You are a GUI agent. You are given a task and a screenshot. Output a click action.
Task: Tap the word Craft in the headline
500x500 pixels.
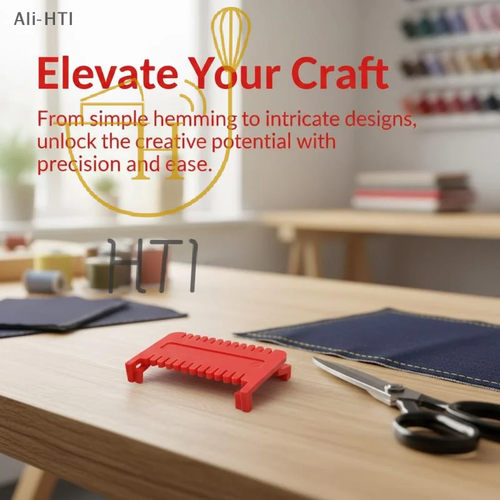tap(340, 73)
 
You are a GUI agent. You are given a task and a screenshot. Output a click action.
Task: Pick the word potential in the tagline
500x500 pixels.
tap(251, 142)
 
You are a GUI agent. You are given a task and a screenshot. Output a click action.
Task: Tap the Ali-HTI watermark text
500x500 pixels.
tap(43, 19)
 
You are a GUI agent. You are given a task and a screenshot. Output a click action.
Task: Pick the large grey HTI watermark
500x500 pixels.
tap(152, 266)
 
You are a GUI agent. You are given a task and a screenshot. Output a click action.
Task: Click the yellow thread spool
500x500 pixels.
tap(54, 267)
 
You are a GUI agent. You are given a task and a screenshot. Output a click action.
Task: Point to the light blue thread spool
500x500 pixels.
tap(44, 282)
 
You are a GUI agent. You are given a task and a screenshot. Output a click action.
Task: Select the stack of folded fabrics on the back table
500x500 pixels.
tap(411, 192)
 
